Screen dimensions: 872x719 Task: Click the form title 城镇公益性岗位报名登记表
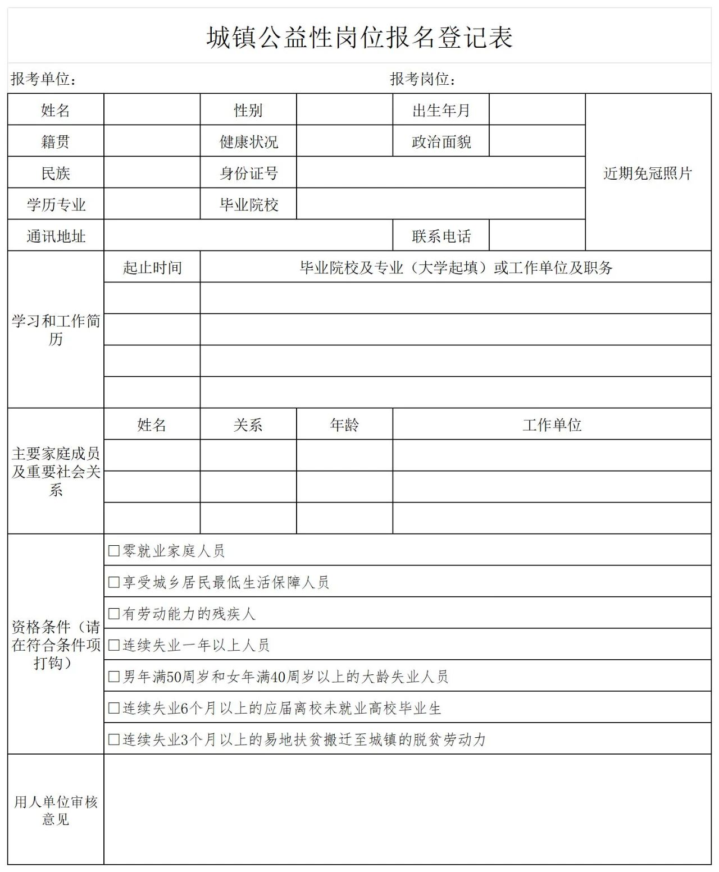(x=359, y=38)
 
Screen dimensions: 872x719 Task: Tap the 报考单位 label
(x=43, y=79)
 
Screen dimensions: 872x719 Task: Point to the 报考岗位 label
(x=422, y=79)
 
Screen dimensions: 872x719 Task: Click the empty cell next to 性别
(x=344, y=109)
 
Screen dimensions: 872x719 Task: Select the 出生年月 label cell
(x=441, y=110)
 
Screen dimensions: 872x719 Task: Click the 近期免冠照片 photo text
(x=648, y=173)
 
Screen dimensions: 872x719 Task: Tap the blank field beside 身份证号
(x=441, y=172)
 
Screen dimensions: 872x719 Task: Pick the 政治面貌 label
(x=441, y=141)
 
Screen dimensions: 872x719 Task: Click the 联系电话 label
(x=441, y=236)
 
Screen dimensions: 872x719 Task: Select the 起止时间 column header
(x=152, y=267)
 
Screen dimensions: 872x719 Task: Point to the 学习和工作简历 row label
(x=56, y=330)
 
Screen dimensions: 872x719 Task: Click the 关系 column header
(x=248, y=424)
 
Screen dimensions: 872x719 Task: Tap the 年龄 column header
(x=344, y=424)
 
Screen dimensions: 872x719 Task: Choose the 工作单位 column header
(x=552, y=424)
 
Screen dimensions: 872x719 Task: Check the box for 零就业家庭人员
(x=114, y=550)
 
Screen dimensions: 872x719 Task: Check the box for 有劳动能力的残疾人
(x=114, y=613)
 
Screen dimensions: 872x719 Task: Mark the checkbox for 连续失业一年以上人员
(x=114, y=645)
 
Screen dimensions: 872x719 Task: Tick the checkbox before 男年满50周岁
(x=114, y=676)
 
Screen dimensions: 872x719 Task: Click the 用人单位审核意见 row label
(x=56, y=810)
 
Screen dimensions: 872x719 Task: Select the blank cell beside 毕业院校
(x=441, y=204)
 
